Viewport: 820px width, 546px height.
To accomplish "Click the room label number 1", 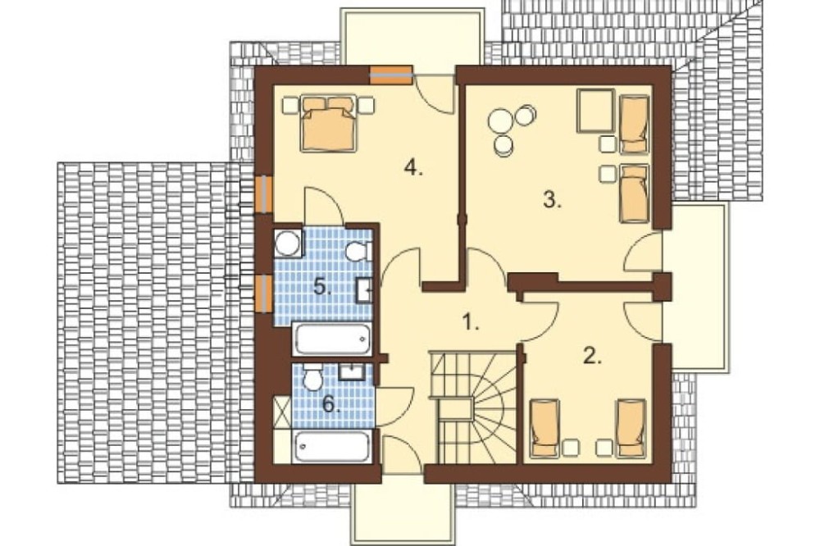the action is click(x=471, y=323).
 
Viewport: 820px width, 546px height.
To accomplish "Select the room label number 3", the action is click(x=552, y=200).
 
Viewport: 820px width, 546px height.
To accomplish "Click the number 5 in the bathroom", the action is click(x=322, y=287).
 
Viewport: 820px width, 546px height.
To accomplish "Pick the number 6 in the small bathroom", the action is click(x=330, y=403).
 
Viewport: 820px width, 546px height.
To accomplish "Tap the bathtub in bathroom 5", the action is click(x=332, y=339).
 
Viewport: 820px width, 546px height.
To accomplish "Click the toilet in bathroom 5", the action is click(x=358, y=252).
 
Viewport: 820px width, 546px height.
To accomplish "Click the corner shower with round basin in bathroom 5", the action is click(x=288, y=243).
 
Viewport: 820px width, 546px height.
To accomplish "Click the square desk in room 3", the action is click(x=595, y=111).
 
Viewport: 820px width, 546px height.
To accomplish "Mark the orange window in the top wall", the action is click(x=390, y=75).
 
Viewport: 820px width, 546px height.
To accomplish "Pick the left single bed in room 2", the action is click(x=545, y=428).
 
